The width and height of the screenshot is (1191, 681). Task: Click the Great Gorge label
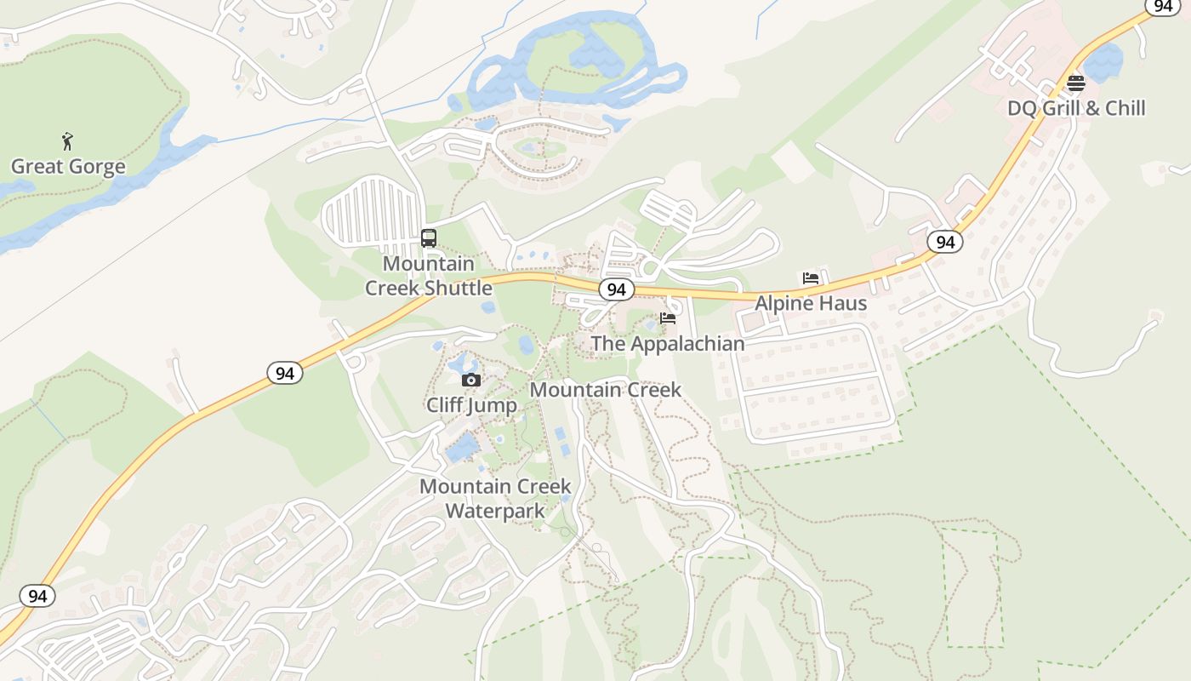tap(68, 167)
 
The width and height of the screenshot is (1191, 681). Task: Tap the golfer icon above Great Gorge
tap(67, 141)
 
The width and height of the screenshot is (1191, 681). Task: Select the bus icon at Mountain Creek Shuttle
tap(429, 238)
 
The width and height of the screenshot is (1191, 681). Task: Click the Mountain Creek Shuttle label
tap(429, 276)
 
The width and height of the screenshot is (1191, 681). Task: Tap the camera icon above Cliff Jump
tap(470, 380)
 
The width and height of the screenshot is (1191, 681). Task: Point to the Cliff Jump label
tap(471, 404)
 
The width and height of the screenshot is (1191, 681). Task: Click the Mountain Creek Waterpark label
tap(495, 498)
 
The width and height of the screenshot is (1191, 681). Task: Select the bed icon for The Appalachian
tap(668, 319)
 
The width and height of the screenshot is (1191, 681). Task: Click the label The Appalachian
tap(667, 344)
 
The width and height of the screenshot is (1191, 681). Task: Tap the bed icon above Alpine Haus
tap(811, 278)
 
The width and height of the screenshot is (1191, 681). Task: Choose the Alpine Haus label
tap(811, 303)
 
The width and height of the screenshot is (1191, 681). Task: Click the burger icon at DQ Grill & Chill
tap(1076, 83)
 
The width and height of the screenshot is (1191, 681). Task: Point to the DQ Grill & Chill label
tap(1076, 108)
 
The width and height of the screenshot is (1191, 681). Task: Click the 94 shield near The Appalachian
tap(617, 289)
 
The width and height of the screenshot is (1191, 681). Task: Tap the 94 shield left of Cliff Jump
tap(284, 373)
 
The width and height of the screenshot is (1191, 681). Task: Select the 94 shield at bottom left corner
tap(37, 596)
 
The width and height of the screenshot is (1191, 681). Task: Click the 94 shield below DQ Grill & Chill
tap(944, 243)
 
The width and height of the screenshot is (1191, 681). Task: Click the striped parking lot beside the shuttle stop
tap(372, 214)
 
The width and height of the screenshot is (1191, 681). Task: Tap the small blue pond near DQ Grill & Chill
tap(1103, 62)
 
